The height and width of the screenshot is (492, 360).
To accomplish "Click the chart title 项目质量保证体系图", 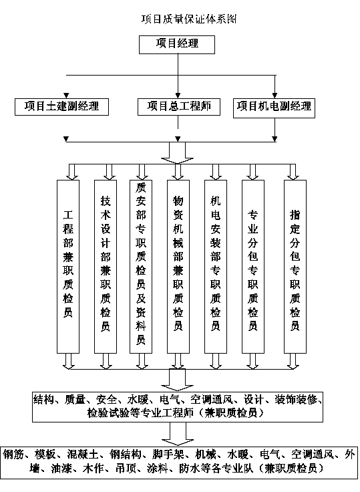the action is point(189,19).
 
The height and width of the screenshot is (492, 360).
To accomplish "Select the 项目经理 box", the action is point(177,44).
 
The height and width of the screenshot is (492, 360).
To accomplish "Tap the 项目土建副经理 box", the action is point(61,107).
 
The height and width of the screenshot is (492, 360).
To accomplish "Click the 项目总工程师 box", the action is point(179,107).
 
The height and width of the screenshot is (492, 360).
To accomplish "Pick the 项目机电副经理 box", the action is point(274,108).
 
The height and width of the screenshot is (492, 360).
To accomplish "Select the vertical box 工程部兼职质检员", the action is point(68,267).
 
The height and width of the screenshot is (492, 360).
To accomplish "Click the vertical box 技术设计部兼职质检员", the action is point(106,267).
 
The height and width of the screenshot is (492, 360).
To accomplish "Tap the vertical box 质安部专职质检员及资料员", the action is point(141,267).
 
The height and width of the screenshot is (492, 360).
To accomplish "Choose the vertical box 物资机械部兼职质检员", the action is point(178,267).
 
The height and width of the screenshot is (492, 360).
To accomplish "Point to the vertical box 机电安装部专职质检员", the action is point(216,267).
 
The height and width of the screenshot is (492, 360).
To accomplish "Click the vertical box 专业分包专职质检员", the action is point(252,267).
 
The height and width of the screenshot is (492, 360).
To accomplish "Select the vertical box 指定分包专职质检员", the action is point(295,267).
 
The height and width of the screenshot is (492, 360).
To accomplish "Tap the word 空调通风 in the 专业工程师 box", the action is point(212,400).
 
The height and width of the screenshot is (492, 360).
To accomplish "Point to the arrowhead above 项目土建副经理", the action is point(66,96).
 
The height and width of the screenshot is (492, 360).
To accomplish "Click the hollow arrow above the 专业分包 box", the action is point(252,172).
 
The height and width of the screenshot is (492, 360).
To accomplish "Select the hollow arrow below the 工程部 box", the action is point(68,361).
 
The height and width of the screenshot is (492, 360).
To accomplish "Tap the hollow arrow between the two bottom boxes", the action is point(178,434).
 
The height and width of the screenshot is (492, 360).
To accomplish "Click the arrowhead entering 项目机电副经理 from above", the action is point(275,96).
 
